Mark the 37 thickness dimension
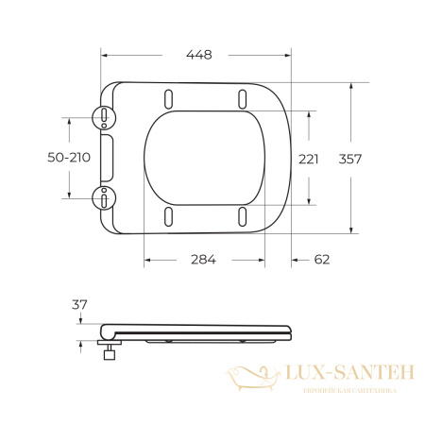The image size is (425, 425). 80,304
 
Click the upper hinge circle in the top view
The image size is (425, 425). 104,116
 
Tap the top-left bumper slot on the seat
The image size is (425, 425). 169,97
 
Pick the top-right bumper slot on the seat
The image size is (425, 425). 243,97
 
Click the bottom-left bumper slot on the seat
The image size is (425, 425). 169,216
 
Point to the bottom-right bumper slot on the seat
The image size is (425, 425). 243,216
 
